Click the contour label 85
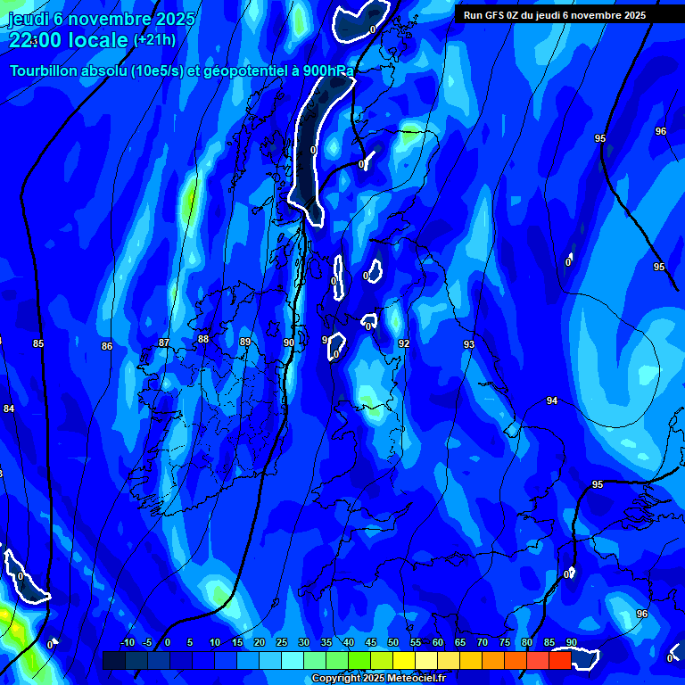click(38, 343)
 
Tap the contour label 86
click(107, 346)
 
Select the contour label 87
click(164, 342)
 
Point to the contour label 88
click(203, 339)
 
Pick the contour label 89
click(245, 342)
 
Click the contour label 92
click(404, 343)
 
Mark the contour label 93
click(469, 344)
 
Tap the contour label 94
click(552, 401)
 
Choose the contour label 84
click(9, 409)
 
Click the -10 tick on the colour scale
click(128, 643)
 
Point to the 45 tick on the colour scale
click(371, 643)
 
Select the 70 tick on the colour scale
click(483, 643)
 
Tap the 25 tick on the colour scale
click(282, 643)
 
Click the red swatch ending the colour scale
click(559, 660)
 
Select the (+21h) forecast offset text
click(154, 40)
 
